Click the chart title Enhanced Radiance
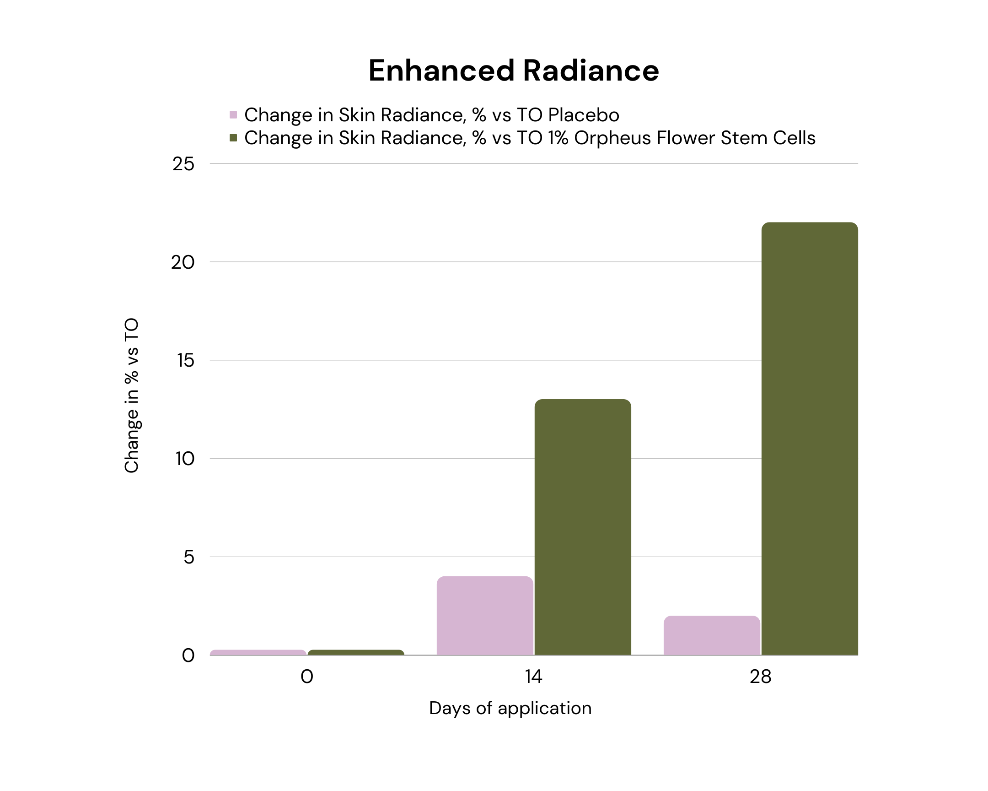[513, 70]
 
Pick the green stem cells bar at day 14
[582, 527]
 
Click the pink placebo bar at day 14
[485, 615]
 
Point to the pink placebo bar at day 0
[258, 652]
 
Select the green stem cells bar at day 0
[355, 652]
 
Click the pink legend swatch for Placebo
[233, 114]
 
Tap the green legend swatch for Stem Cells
[233, 138]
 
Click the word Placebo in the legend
[583, 114]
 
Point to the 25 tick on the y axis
[183, 164]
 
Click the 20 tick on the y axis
[183, 262]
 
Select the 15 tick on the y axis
[186, 360]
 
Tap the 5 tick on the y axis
[189, 557]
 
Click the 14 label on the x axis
[533, 677]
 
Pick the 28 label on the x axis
[760, 677]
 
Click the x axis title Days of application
[510, 708]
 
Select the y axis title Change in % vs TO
[132, 395]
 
